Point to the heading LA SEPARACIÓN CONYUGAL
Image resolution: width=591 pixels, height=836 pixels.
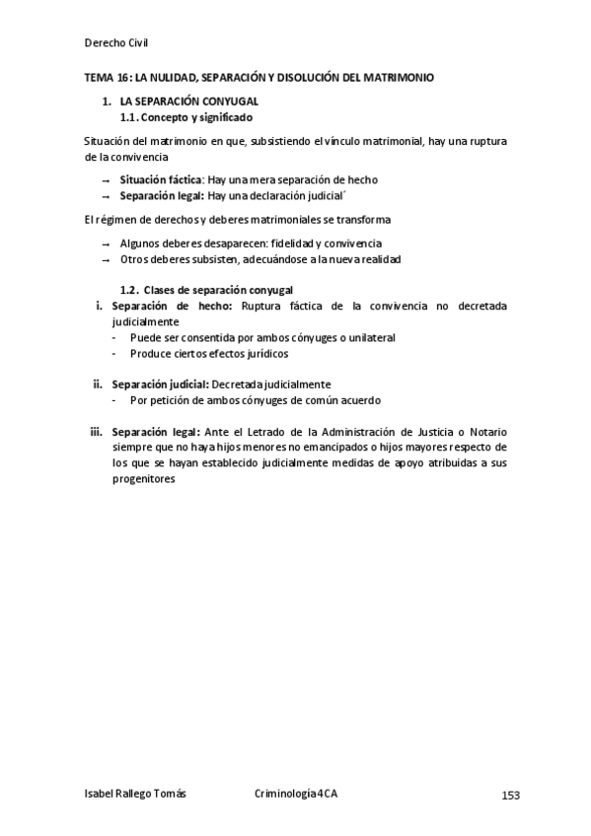(x=188, y=102)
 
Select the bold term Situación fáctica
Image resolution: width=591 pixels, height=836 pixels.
(x=160, y=180)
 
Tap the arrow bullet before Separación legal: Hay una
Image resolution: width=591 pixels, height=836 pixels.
(x=106, y=196)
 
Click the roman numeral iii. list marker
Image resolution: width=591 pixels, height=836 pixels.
(x=96, y=431)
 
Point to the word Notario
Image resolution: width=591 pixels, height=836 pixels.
(x=486, y=431)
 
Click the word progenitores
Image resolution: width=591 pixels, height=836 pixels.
(x=143, y=478)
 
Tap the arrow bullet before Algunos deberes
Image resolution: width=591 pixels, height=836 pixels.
(x=106, y=244)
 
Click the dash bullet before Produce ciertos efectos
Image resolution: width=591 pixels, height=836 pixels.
(x=115, y=354)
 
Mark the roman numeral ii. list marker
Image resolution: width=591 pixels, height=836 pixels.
(x=98, y=384)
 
